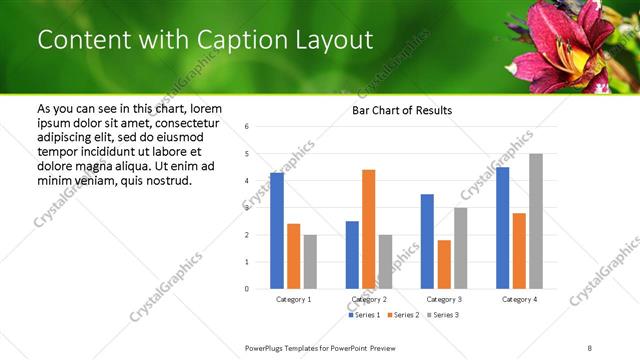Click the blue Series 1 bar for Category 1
pyautogui.click(x=277, y=231)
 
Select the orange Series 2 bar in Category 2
pyautogui.click(x=368, y=229)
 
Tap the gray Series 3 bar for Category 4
pyautogui.click(x=535, y=221)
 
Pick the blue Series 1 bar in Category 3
pyautogui.click(x=427, y=241)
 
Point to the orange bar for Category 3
pyautogui.click(x=443, y=264)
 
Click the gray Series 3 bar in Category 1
pyautogui.click(x=310, y=262)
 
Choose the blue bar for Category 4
pyautogui.click(x=502, y=228)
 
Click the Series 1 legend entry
pyautogui.click(x=364, y=315)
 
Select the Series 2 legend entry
pyautogui.click(x=403, y=315)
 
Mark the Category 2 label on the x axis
pyautogui.click(x=368, y=300)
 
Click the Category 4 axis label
pyautogui.click(x=518, y=300)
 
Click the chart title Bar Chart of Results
pyautogui.click(x=401, y=110)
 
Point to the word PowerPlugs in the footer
pyautogui.click(x=266, y=348)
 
